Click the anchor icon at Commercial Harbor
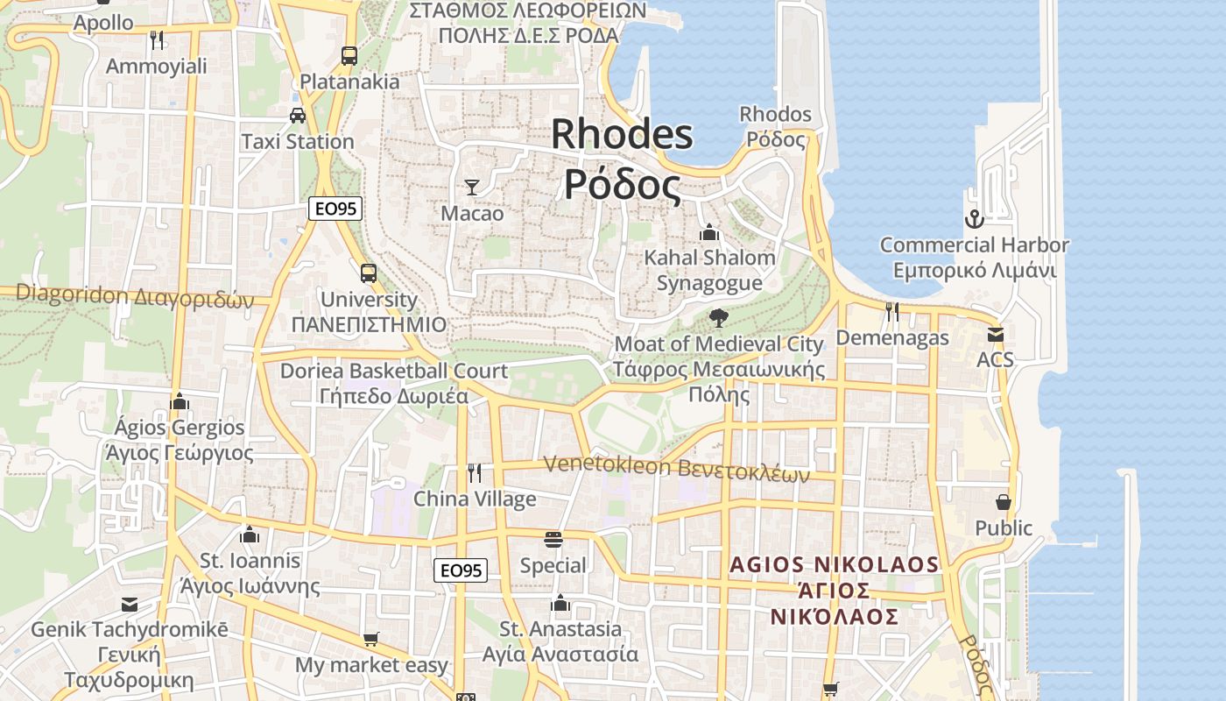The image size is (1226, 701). [974, 219]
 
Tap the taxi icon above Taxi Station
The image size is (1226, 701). [298, 115]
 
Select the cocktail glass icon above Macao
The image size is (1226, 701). [472, 187]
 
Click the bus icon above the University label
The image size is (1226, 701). [368, 273]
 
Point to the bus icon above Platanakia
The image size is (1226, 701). [349, 56]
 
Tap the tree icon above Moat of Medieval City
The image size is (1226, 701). [719, 317]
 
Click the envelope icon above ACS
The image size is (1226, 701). [995, 334]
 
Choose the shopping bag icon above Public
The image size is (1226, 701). [1004, 502]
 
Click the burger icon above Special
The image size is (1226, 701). [553, 539]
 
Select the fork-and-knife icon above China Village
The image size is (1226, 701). [475, 473]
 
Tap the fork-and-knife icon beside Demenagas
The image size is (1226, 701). [892, 311]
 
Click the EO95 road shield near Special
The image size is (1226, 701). [461, 570]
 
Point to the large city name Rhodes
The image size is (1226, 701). [622, 134]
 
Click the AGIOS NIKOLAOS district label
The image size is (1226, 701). [835, 564]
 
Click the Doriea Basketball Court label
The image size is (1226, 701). [393, 371]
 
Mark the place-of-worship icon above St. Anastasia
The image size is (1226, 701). [560, 603]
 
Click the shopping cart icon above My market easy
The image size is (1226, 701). [371, 639]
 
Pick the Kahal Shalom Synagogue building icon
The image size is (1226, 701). [709, 232]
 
